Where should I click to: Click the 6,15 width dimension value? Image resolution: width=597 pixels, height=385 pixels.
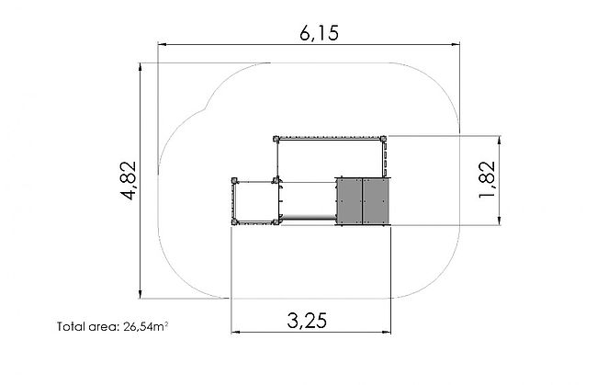point(319,33)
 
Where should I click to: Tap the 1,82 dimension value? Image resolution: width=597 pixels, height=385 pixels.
point(488,180)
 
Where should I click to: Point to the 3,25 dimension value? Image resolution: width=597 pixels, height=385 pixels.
point(307,321)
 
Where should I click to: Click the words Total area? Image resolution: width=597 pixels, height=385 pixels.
point(88,326)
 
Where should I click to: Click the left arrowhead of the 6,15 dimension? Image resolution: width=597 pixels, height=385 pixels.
point(163,44)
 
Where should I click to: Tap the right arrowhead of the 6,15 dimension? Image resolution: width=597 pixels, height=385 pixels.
point(455,44)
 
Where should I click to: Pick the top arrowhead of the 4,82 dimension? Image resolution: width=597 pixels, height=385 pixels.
point(141,67)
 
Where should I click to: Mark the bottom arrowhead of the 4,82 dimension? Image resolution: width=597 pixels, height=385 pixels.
point(141,294)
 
